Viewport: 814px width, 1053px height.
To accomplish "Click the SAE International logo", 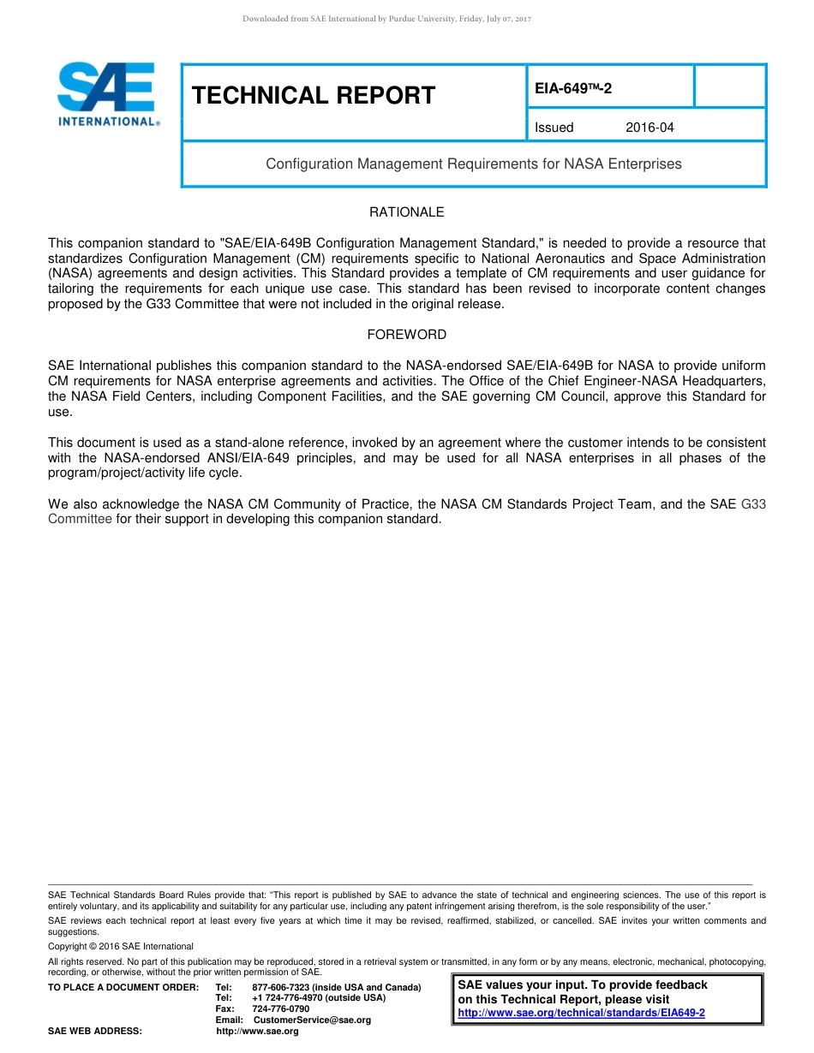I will coord(108,94).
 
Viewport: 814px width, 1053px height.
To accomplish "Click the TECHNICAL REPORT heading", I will coord(314,95).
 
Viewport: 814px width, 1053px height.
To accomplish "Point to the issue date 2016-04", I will coord(649,128).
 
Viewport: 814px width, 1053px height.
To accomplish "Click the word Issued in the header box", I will coord(554,128).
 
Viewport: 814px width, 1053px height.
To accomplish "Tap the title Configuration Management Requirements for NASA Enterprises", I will coord(474,164).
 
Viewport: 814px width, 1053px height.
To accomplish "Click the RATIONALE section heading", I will coord(407,211).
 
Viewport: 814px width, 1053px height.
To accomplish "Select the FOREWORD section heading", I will coord(407,335).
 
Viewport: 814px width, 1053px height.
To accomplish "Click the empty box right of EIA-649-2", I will coord(729,86).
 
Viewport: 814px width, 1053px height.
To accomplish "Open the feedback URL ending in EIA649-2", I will coord(582,1013).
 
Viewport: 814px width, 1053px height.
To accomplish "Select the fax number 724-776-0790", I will coord(280,1008).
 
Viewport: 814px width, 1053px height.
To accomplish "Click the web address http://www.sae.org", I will coord(257,1031).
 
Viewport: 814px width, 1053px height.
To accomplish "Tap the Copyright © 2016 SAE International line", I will coord(121,946).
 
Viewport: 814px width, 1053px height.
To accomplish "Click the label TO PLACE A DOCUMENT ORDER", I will coord(123,987).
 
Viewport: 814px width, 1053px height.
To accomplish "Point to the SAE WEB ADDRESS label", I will coord(95,1031).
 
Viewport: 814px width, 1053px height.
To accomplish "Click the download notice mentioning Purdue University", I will coord(387,19).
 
